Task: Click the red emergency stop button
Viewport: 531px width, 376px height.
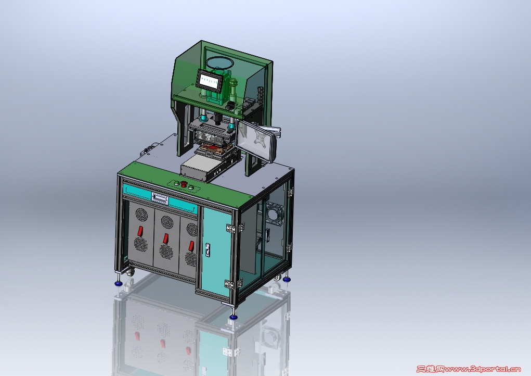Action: [x=184, y=183]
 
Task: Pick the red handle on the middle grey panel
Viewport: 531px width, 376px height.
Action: [x=165, y=239]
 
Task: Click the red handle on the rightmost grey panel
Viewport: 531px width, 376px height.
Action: [x=190, y=245]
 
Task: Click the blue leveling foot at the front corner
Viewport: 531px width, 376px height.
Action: [x=232, y=316]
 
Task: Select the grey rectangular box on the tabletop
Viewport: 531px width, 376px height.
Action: [x=201, y=168]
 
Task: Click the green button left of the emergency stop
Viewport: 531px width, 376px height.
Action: [x=177, y=182]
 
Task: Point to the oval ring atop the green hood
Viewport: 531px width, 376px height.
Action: [x=219, y=63]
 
